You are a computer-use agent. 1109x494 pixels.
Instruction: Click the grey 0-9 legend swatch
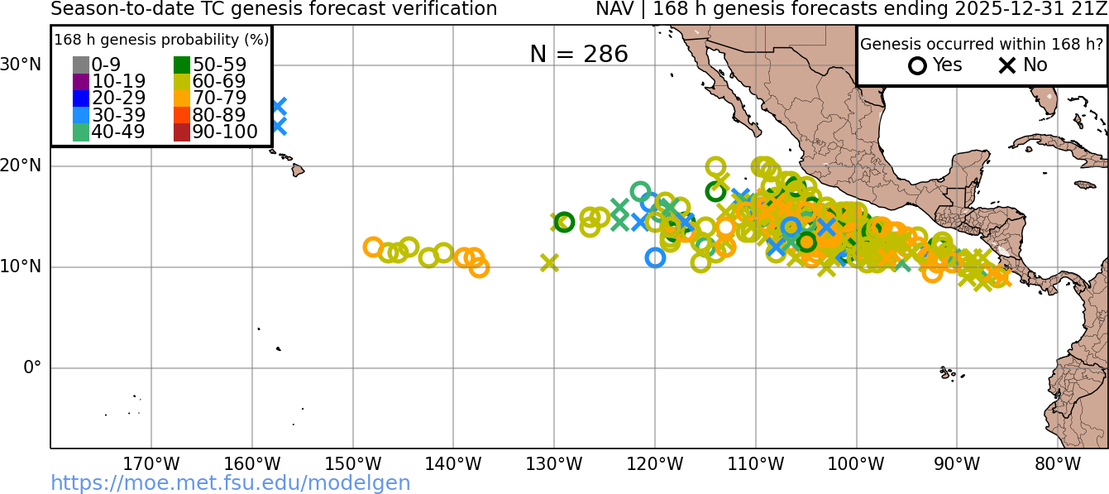coord(80,65)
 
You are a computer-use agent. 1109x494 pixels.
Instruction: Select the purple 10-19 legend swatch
coord(80,82)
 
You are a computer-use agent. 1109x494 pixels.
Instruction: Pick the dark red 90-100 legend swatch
coord(182,132)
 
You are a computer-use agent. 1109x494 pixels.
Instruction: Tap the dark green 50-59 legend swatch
coord(182,65)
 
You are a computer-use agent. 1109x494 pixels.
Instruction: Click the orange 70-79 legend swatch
coord(182,98)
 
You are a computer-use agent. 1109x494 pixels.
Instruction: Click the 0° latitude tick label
coord(31,367)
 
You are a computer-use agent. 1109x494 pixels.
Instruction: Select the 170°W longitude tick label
coord(151,463)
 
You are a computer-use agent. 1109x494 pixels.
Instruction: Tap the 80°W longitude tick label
coord(1058,463)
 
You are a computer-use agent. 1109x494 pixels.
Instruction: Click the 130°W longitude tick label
coord(554,463)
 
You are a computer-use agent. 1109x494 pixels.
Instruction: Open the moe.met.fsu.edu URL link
coord(231,483)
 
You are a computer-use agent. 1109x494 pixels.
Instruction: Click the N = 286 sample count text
coord(579,54)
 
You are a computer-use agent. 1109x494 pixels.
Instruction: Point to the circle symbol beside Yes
coord(917,65)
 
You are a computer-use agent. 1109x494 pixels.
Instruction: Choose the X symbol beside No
coord(1007,65)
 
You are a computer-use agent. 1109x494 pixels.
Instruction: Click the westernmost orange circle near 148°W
coord(373,247)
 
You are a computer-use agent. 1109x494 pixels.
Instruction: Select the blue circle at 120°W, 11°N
coord(655,257)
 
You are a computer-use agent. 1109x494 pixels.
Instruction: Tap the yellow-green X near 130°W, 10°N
coord(549,262)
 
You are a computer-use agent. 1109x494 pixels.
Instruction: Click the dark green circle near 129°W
coord(564,222)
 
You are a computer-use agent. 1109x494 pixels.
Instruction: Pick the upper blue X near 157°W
coord(279,106)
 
